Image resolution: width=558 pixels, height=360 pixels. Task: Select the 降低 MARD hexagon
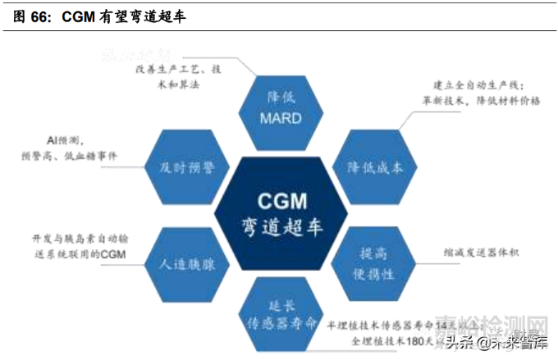[x=280, y=107]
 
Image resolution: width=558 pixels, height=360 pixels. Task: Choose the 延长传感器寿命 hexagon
[x=280, y=312]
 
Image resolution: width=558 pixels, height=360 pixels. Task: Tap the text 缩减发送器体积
[x=479, y=253]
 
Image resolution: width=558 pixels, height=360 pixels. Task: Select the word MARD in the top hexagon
[x=280, y=118]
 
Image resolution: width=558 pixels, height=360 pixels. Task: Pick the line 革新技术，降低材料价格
[x=481, y=100]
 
